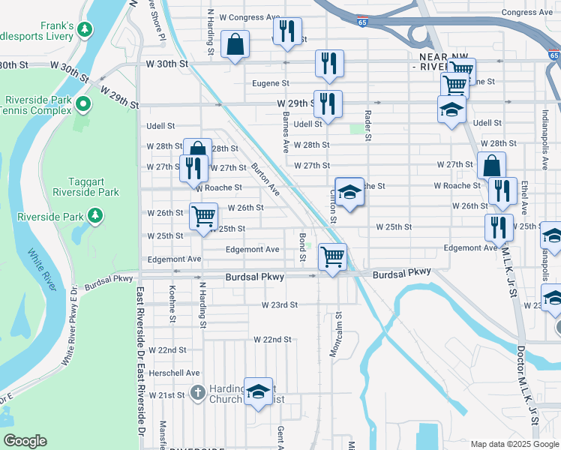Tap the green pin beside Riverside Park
pos(95,217)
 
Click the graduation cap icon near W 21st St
pos(258,391)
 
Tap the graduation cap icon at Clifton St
pos(349,192)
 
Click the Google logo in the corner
pos(25,441)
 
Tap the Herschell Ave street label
pos(174,373)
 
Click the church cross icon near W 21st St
pos(197,391)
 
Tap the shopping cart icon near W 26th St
pos(203,217)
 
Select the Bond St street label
pos(302,247)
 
